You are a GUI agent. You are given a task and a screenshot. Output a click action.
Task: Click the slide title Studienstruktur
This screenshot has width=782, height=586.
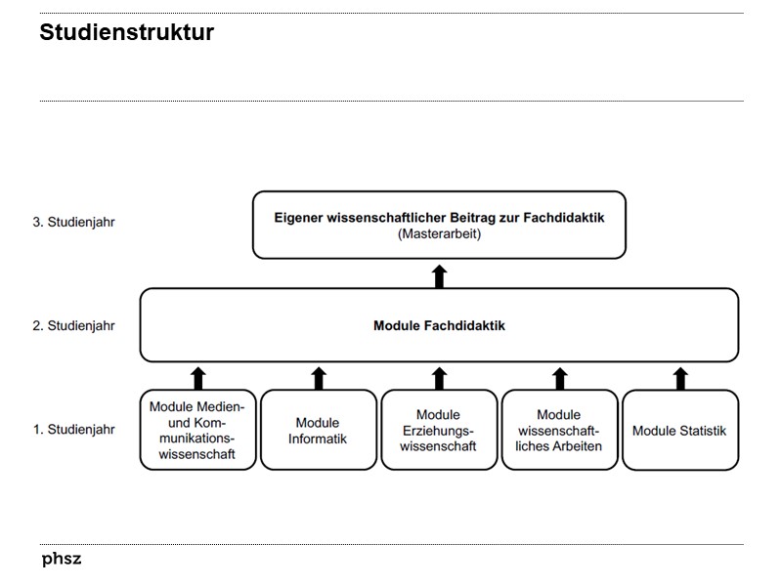(126, 33)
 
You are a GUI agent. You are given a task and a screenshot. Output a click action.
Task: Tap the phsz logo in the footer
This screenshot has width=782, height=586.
(62, 560)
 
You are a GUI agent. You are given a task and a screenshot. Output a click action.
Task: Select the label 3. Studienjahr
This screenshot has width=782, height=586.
(74, 222)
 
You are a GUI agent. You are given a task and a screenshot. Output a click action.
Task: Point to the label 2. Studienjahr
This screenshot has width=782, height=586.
(74, 325)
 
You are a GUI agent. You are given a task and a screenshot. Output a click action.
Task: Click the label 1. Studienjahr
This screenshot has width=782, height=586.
(74, 429)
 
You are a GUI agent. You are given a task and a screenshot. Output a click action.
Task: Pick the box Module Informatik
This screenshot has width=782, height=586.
(318, 431)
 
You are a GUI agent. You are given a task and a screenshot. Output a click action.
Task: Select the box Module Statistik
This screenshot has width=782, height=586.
(679, 431)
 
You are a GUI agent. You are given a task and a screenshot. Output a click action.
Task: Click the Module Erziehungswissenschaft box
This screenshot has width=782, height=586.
(438, 431)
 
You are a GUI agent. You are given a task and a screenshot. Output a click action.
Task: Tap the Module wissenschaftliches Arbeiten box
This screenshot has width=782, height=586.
(559, 431)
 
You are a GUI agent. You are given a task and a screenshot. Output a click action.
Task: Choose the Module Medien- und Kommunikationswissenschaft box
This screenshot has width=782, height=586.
(197, 431)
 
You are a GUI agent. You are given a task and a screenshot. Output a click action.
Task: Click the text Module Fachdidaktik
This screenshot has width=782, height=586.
(439, 325)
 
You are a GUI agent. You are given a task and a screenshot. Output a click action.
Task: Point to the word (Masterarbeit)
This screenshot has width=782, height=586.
(439, 234)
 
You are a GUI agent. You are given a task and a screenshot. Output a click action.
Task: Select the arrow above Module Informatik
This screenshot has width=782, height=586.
(319, 377)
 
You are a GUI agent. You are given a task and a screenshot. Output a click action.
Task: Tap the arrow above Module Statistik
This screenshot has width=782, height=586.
(680, 377)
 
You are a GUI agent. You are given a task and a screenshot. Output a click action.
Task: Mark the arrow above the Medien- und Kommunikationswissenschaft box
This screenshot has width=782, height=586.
(197, 377)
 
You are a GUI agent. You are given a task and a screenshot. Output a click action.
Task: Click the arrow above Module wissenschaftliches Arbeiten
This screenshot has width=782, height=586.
(560, 377)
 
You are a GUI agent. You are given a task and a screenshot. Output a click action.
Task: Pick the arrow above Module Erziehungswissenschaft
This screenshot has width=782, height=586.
(439, 377)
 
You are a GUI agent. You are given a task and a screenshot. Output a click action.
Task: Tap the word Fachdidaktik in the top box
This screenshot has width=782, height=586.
(569, 218)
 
